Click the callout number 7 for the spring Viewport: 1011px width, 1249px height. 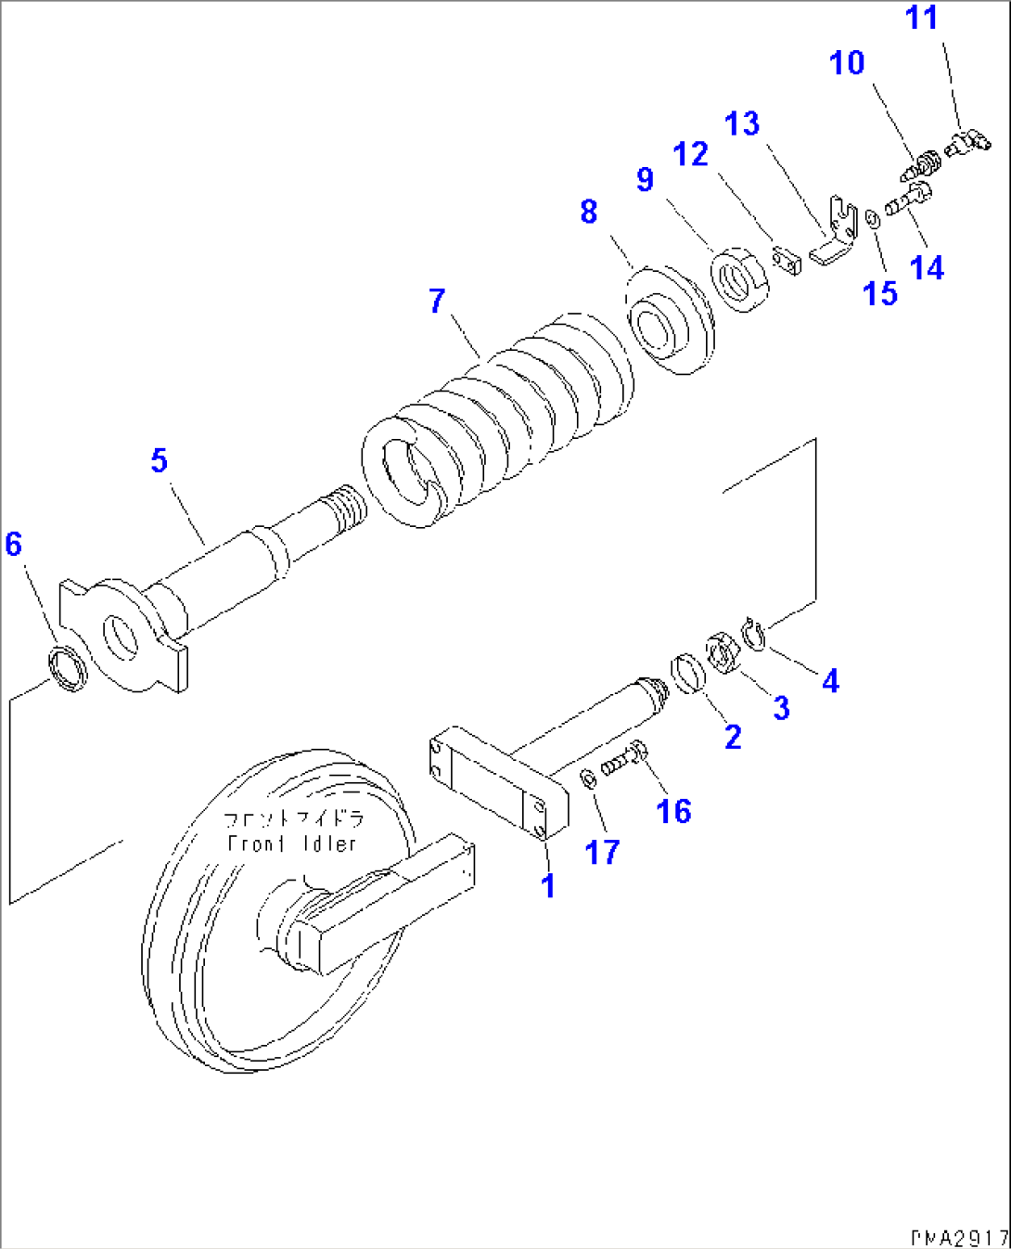[x=437, y=302]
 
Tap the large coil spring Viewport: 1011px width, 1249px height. [x=501, y=418]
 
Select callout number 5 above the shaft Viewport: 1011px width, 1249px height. [x=160, y=460]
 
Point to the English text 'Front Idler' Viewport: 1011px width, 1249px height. [x=292, y=844]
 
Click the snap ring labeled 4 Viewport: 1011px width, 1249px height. [x=754, y=636]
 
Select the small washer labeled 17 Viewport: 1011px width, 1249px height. [x=588, y=779]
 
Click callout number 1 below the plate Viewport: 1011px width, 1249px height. [x=548, y=885]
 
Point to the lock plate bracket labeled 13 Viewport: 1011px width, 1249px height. [x=835, y=235]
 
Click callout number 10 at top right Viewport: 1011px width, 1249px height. [x=847, y=63]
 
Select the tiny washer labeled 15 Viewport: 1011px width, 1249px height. [x=873, y=220]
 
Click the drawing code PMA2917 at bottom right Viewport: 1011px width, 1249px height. [x=959, y=1238]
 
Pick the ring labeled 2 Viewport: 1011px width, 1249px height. [x=687, y=673]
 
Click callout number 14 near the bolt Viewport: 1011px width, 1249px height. [x=927, y=267]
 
